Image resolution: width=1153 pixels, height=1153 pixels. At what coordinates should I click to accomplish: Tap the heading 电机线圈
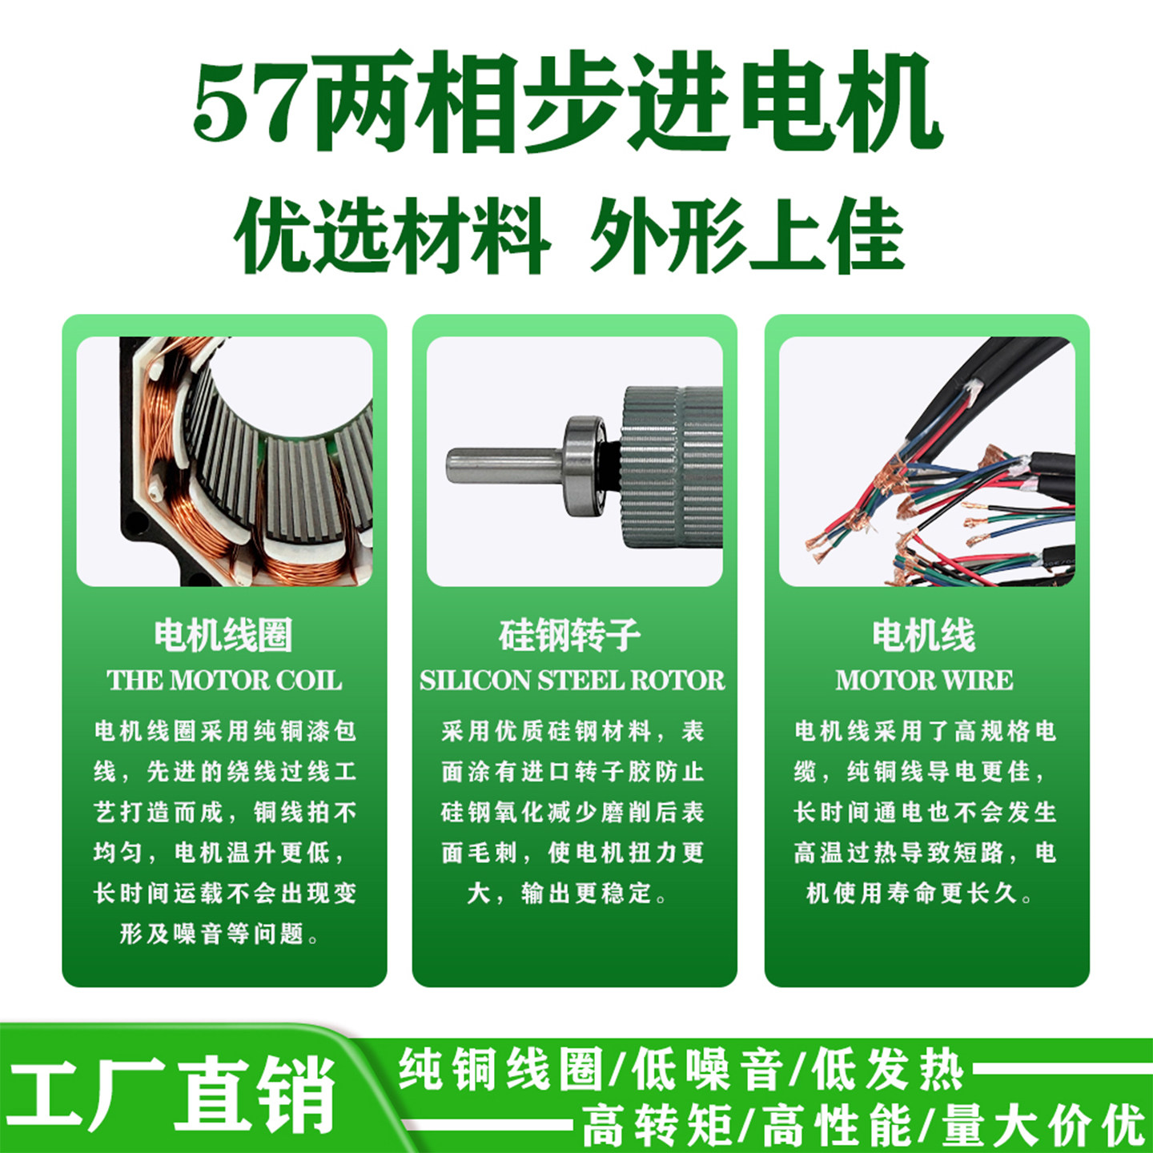[x=223, y=636]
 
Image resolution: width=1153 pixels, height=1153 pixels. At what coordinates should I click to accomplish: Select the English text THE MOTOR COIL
[x=224, y=681]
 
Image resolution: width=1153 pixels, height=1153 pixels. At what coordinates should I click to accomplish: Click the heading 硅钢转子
[x=570, y=636]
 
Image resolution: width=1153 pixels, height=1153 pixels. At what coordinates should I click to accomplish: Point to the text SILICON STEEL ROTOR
[x=572, y=681]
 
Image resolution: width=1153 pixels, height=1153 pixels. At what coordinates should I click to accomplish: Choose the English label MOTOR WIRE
[x=925, y=681]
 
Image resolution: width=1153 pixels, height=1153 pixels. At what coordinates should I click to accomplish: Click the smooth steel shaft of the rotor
[x=504, y=465]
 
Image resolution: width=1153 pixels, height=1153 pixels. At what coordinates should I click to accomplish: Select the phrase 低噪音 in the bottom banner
[x=706, y=1070]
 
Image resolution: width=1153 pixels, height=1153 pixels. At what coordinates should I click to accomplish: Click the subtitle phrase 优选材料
[x=392, y=235]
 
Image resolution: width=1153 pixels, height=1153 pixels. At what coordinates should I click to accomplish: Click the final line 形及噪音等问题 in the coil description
[x=219, y=934]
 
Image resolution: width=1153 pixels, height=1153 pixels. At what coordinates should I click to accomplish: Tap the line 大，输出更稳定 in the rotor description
[x=567, y=894]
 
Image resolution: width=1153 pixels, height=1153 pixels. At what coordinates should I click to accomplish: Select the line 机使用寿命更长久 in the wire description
[x=920, y=894]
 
